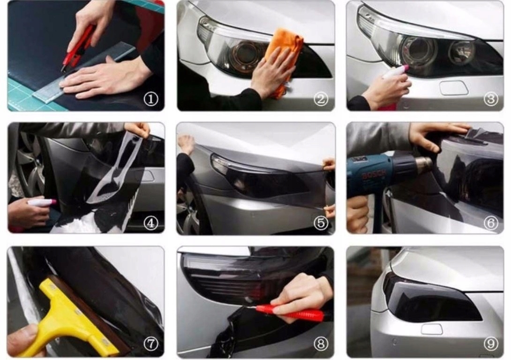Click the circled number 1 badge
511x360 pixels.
[151, 99]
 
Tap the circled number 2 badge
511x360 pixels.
[321, 99]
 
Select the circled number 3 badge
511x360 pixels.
[491, 99]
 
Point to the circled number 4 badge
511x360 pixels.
[151, 223]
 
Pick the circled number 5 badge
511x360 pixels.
[321, 223]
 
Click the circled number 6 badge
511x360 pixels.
[491, 223]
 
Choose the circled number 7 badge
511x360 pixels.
[151, 344]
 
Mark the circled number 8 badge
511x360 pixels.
[321, 344]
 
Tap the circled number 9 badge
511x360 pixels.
[491, 344]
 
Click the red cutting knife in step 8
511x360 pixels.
[288, 312]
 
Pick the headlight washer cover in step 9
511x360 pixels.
[432, 329]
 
